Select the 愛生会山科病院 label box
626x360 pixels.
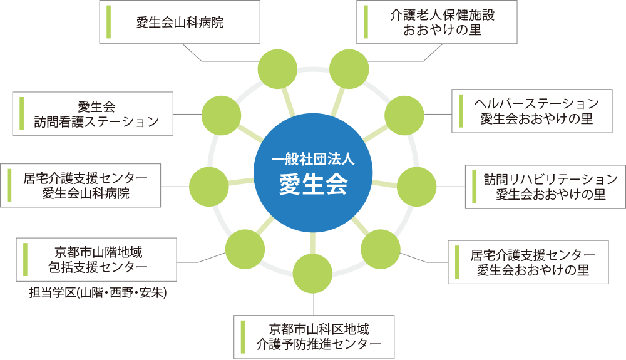[x=180, y=23]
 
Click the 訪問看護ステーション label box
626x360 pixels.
[x=93, y=113]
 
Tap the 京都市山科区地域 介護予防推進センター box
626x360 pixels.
[x=316, y=336]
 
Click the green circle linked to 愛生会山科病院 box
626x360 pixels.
[x=277, y=69]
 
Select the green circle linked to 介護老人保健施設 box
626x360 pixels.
[x=349, y=69]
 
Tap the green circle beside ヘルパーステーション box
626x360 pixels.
[x=404, y=114]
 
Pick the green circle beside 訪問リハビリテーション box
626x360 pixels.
[x=416, y=186]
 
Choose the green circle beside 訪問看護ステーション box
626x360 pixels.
[x=222, y=114]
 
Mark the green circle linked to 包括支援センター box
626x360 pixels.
[x=245, y=250]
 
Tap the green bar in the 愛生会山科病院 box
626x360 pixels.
[x=109, y=22]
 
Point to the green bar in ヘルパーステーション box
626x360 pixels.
[x=461, y=111]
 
